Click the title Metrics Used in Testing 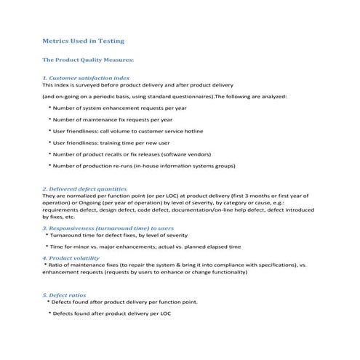(83, 41)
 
